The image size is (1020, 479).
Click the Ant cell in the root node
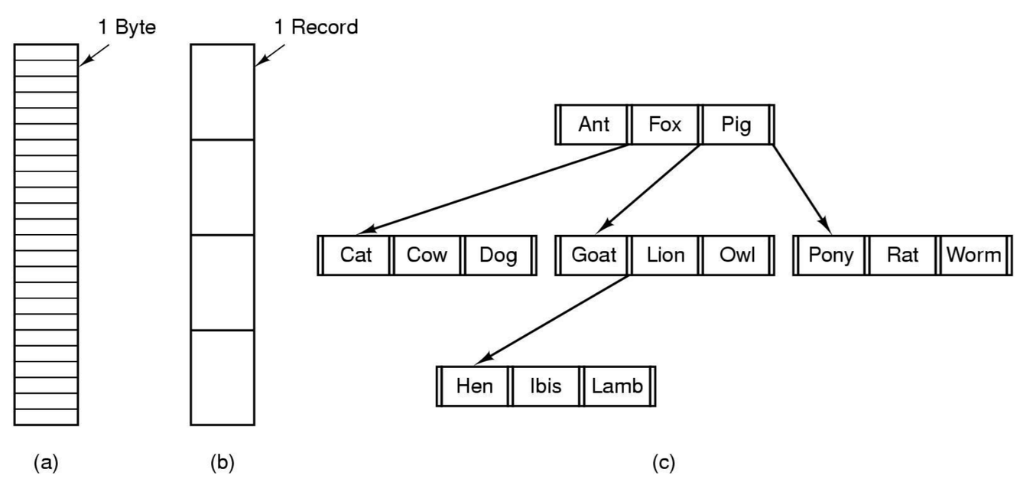click(x=594, y=125)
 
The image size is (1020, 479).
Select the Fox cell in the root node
click(x=664, y=125)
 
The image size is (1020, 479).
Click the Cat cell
click(x=356, y=256)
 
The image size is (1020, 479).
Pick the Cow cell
click(x=427, y=256)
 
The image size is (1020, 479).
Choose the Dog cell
click(x=498, y=256)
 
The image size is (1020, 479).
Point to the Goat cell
click(x=594, y=256)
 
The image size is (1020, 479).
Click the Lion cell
click(x=664, y=256)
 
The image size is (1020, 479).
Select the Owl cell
click(x=736, y=256)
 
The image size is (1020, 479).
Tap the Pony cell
click(x=831, y=256)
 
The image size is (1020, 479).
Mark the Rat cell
click(x=902, y=256)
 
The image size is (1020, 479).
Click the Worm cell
click(x=973, y=256)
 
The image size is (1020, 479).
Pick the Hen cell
click(x=474, y=386)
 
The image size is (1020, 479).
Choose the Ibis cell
click(x=545, y=386)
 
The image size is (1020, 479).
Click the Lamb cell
click(x=617, y=386)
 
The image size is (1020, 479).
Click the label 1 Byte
click(x=125, y=28)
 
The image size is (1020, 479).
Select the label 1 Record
click(x=315, y=28)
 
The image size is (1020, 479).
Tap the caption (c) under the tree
click(x=663, y=462)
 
